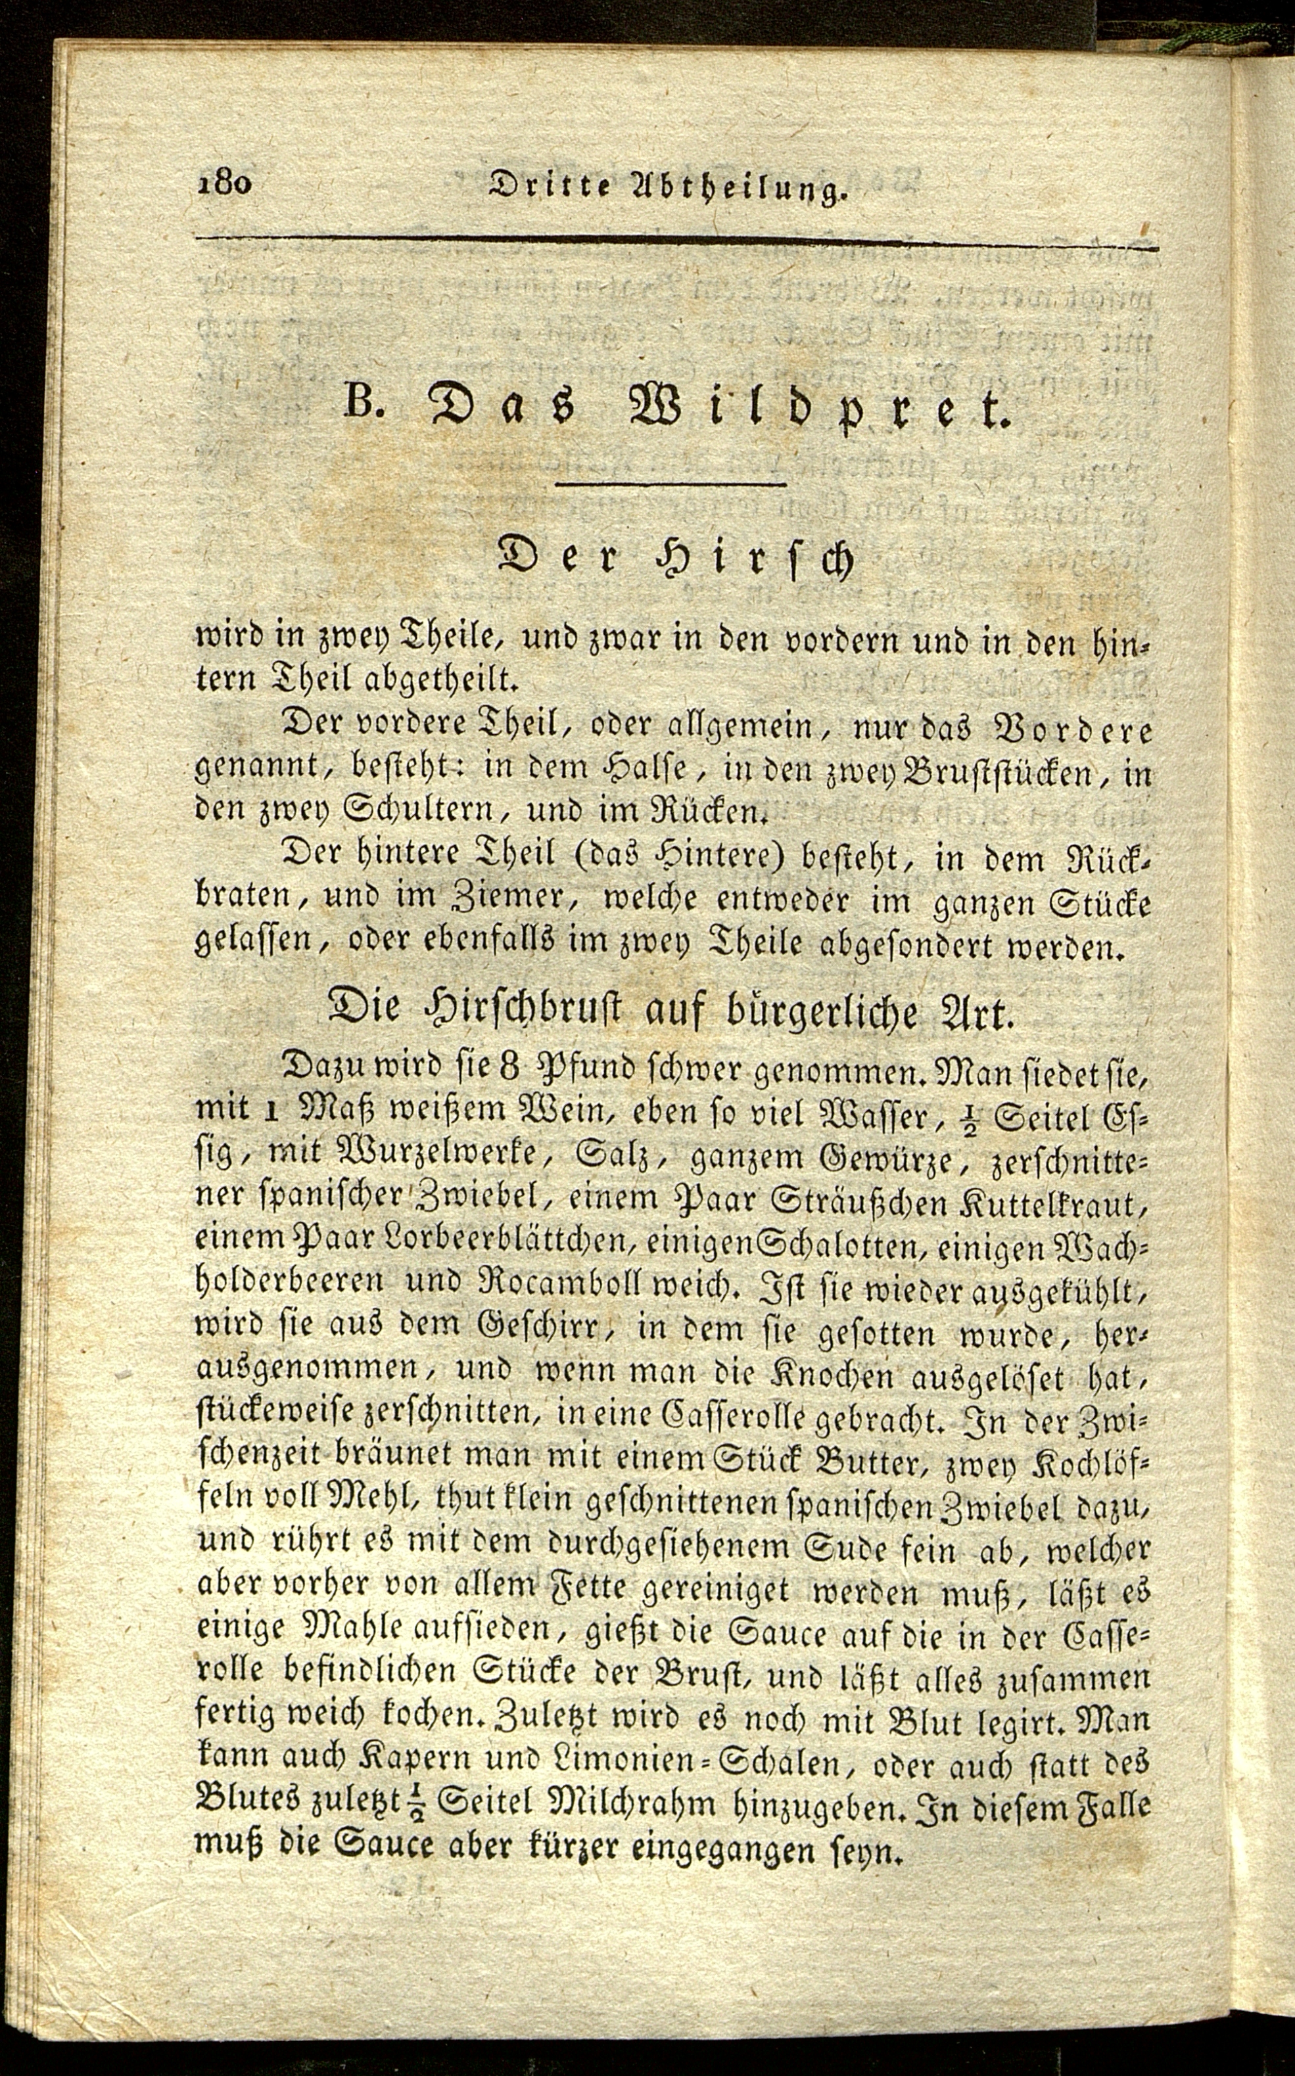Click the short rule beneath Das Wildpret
pos(671,486)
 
